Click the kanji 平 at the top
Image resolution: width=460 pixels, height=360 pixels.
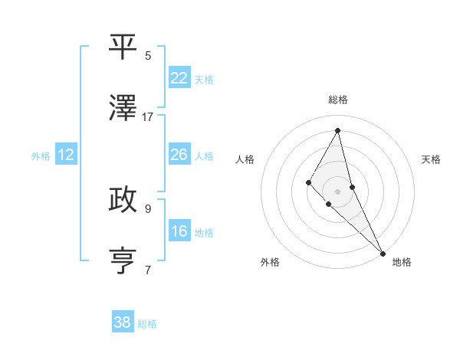tap(123, 47)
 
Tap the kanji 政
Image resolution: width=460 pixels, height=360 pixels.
tap(123, 201)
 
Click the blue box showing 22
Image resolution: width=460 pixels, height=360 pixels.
tap(179, 78)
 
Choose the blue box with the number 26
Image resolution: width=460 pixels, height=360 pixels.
tap(179, 155)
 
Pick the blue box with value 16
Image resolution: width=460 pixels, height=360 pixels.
tap(179, 231)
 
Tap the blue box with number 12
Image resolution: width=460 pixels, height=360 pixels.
tap(66, 155)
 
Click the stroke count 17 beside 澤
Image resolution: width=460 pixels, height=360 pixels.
tap(148, 116)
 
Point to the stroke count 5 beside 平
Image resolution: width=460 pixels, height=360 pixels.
tap(148, 55)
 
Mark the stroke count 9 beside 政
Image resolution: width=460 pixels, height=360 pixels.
tap(148, 208)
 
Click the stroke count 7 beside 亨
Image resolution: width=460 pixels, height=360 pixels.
tap(148, 269)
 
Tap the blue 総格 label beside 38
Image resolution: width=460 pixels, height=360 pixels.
tap(147, 324)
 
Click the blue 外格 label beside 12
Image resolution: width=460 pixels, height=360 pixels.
tap(41, 156)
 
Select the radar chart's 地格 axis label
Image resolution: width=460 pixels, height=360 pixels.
tap(402, 262)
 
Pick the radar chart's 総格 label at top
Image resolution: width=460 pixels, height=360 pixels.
tap(338, 100)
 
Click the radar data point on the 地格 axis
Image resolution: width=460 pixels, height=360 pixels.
tap(383, 252)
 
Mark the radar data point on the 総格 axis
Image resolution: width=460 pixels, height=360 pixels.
tap(338, 130)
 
